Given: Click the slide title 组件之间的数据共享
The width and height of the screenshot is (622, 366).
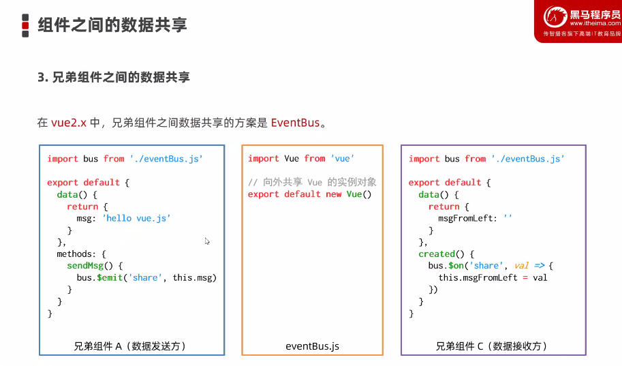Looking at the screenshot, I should coord(112,25).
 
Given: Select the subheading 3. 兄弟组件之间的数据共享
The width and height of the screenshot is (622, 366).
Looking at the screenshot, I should coord(113,78).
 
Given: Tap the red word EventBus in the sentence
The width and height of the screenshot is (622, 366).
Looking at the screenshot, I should coord(295,123).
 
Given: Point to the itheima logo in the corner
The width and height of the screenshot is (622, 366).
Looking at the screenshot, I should coord(577,20).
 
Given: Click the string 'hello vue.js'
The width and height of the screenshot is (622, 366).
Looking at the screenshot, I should coord(136,218).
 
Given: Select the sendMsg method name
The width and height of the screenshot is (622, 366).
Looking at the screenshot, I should coord(85,266).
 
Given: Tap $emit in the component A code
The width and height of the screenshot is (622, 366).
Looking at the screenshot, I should coord(108,277).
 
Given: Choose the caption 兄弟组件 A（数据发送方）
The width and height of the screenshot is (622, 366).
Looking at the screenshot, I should coord(130,346).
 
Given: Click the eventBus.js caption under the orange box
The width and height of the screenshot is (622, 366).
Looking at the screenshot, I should coord(312,346).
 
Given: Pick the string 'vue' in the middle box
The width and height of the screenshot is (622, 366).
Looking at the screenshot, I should coord(342,159).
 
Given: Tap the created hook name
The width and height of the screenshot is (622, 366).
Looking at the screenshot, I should coord(437,254).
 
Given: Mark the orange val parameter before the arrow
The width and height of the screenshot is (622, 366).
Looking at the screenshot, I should coord(522,266).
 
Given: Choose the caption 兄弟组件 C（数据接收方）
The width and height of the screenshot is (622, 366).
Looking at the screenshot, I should coord(491,346).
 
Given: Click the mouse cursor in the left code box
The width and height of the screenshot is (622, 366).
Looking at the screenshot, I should coord(207,241).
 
